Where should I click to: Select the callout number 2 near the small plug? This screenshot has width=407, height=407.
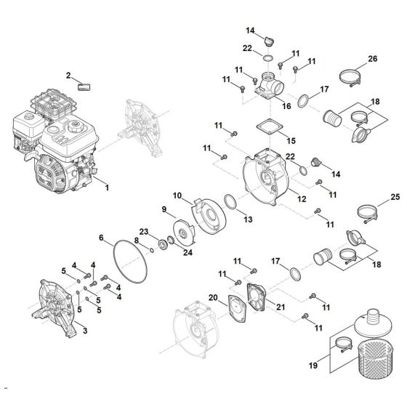pyautogui.click(x=69, y=76)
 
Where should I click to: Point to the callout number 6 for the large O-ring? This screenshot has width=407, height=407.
pyautogui.click(x=102, y=238)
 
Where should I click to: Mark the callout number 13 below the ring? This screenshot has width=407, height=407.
pyautogui.click(x=248, y=219)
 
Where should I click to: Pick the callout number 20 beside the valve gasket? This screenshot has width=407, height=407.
pyautogui.click(x=212, y=297)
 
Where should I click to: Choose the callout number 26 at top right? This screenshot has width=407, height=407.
pyautogui.click(x=373, y=59)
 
